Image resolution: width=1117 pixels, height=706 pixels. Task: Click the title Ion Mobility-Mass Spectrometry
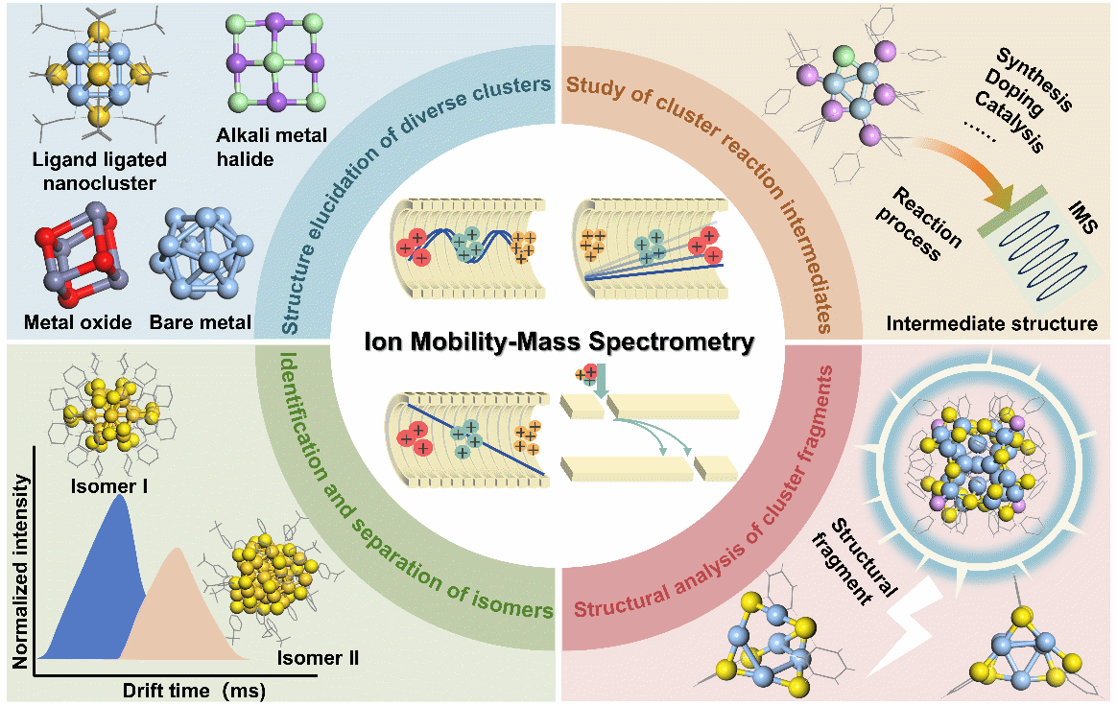558,341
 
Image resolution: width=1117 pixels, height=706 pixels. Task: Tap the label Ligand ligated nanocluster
98,170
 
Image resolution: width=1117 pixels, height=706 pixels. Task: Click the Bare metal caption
200,322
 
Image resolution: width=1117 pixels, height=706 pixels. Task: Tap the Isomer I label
108,485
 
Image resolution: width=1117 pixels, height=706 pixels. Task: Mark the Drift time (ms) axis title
192,689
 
